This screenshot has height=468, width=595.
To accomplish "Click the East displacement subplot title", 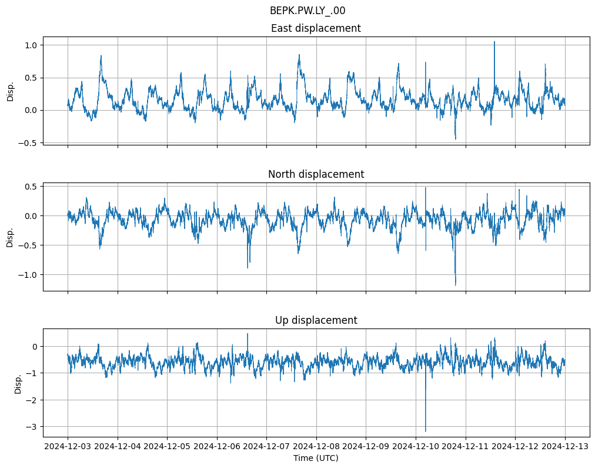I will (x=316, y=28).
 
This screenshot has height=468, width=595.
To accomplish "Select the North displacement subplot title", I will (x=316, y=174).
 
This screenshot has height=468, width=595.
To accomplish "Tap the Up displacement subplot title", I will (x=316, y=320).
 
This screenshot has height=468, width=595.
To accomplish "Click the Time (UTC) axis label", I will (x=316, y=457).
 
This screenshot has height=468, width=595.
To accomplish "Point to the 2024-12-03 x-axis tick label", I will (x=68, y=447).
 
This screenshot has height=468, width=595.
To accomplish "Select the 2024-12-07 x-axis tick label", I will (x=266, y=447).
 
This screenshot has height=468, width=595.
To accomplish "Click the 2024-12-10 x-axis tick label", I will (x=416, y=447).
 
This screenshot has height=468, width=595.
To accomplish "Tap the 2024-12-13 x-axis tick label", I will (x=565, y=447).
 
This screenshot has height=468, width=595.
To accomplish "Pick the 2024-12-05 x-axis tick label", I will (x=167, y=447).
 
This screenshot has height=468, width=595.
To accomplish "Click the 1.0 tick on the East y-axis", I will (x=31, y=45).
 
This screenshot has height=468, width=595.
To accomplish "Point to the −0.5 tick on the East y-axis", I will (x=28, y=143).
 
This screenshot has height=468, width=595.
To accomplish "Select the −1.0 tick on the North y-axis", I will (x=28, y=275).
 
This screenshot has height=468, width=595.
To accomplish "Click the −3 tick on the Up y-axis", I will (x=33, y=427).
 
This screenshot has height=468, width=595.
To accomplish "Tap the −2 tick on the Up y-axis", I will (x=33, y=400).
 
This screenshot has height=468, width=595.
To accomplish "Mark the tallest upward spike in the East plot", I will (x=494, y=42).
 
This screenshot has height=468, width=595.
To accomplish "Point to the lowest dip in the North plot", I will (x=455, y=285).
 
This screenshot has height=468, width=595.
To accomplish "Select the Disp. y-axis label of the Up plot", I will (x=18, y=383).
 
